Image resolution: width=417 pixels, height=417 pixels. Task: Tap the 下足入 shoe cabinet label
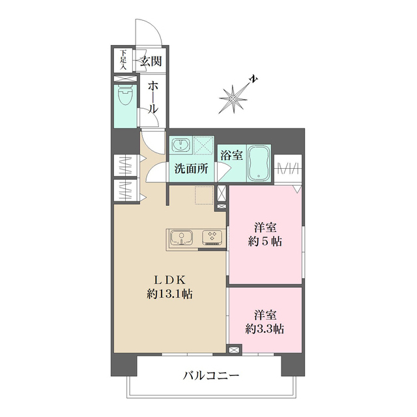click(122, 61)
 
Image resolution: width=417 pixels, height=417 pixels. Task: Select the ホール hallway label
click(152, 97)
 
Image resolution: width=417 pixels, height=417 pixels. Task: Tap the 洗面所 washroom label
click(191, 169)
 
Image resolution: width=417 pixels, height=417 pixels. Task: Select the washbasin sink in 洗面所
click(180, 145)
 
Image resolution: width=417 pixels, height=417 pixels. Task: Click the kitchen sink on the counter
click(181, 238)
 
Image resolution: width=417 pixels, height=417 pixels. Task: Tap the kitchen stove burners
click(212, 237)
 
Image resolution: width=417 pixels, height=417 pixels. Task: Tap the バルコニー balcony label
click(210, 376)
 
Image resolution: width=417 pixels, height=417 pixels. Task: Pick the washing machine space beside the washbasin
click(204, 145)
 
